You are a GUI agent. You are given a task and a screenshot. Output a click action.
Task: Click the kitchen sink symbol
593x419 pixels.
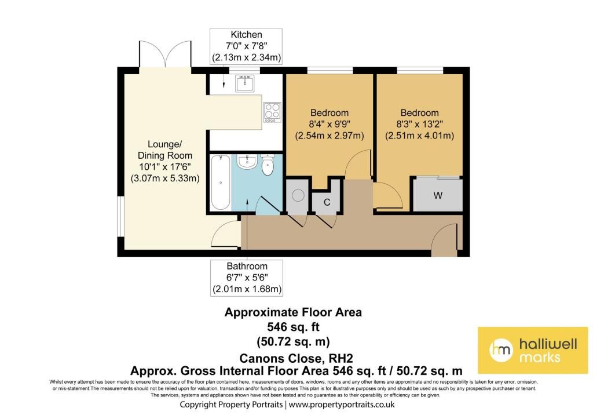click(x=245, y=83)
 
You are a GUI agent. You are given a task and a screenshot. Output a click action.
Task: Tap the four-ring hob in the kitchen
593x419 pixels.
click(x=272, y=112)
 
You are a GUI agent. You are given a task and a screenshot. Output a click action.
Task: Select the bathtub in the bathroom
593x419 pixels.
click(x=221, y=183)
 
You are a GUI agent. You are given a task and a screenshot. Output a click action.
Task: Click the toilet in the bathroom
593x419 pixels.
click(x=268, y=165)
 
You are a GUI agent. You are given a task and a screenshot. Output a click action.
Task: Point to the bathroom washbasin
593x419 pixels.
click(x=247, y=162)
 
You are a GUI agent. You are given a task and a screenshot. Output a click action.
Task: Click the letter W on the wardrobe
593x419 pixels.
click(x=438, y=195)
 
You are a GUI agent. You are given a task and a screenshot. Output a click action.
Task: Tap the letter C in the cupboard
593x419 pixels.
click(x=327, y=202)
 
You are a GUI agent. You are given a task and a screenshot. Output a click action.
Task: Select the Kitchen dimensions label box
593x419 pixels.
click(x=246, y=46)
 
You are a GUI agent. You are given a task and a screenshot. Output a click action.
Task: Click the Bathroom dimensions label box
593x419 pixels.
click(x=247, y=278)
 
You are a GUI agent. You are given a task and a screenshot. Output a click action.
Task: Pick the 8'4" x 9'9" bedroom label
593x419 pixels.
click(x=330, y=124)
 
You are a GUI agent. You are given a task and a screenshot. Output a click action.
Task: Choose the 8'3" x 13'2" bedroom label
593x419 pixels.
click(x=419, y=124)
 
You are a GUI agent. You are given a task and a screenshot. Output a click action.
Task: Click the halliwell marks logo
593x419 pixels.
click(x=533, y=350)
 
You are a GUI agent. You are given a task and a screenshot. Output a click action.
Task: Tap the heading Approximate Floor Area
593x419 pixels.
click(x=293, y=312)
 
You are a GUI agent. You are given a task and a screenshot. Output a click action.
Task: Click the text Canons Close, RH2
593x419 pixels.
click(x=296, y=358)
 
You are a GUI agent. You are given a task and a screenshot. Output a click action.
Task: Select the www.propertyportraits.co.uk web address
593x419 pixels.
click(x=342, y=405)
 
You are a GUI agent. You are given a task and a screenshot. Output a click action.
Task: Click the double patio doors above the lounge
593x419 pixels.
click(x=165, y=54)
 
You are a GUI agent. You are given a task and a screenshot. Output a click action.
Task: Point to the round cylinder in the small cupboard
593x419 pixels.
click(x=298, y=195)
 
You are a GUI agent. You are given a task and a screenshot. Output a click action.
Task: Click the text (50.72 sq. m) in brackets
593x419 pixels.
click(x=293, y=341)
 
